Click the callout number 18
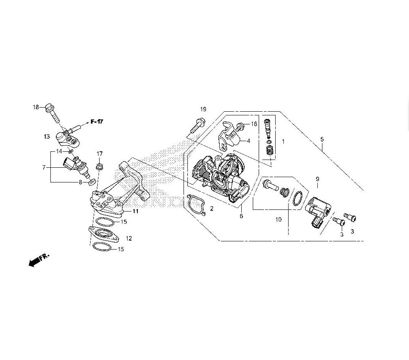(x=36, y=107)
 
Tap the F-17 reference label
(x=97, y=122)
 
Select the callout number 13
(x=47, y=137)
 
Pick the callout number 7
(x=44, y=167)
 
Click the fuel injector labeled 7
(x=77, y=166)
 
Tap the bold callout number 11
(x=135, y=211)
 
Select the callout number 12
(x=129, y=238)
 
